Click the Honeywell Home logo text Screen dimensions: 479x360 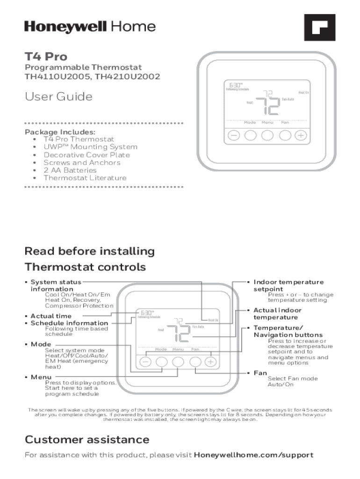[x=90, y=27]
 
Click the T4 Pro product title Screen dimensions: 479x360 [x=46, y=57]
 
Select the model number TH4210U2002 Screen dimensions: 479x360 [x=128, y=76]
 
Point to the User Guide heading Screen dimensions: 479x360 [x=58, y=97]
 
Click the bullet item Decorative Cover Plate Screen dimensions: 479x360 [x=86, y=155]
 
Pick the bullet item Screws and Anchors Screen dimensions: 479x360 [x=82, y=163]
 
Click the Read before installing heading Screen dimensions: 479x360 [x=89, y=251]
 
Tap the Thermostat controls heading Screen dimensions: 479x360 [x=85, y=267]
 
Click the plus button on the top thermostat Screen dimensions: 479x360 [x=301, y=136]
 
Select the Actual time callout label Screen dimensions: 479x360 [x=51, y=316]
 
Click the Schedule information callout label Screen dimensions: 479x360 [x=69, y=323]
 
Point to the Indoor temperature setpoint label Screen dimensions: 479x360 [x=288, y=285]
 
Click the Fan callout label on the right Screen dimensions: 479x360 [x=260, y=373]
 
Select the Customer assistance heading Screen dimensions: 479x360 [x=87, y=440]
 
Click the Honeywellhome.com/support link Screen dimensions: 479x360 [x=253, y=455]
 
